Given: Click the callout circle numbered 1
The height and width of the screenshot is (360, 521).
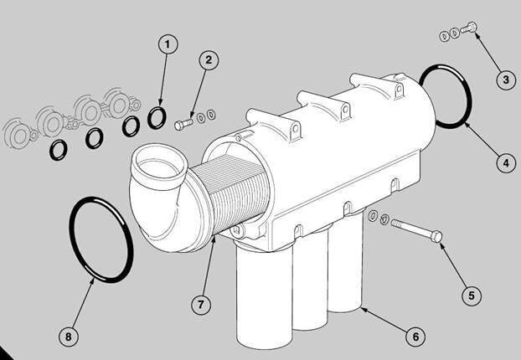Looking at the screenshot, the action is coord(168,44).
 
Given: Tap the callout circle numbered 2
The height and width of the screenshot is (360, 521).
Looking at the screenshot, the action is coord(209,60).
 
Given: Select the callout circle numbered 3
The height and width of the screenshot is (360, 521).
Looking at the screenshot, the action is coord(506,80).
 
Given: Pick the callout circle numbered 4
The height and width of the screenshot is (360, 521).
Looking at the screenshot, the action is coord(506,163).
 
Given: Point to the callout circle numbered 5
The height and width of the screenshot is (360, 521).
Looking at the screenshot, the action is coord(472,296).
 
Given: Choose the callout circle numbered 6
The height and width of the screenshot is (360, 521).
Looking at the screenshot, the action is coord(415,337).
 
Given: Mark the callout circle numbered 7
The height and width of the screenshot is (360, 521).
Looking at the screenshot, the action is coord(201,304).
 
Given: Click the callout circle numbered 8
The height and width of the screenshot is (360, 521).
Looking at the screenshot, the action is coord(69,337).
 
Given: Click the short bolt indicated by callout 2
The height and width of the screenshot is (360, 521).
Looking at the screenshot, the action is coord(183,124).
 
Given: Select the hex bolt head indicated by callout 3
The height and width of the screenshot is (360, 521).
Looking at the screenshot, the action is coord(472,26).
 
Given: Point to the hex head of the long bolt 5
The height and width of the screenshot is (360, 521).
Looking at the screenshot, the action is coord(436,236).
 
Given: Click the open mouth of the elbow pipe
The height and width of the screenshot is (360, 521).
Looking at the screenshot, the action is coord(159,166).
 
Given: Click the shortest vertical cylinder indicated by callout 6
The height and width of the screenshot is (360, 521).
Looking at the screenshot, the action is coord(346,262).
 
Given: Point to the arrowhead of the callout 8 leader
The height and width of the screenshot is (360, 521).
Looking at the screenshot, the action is coord(93,281).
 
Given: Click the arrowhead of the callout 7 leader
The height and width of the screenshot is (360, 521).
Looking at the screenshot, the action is coord(214,238).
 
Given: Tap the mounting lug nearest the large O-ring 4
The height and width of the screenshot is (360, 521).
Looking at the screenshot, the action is coord(399,89).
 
